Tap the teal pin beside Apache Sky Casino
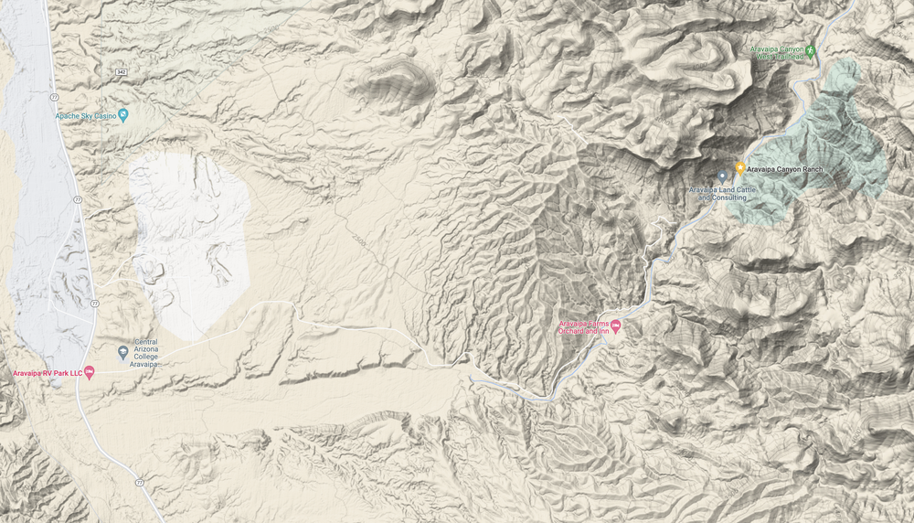(123, 115)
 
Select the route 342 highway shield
(121, 70)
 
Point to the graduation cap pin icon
(123, 353)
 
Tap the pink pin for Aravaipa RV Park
(89, 372)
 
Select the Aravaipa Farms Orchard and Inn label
(583, 327)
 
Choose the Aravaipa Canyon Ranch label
(784, 169)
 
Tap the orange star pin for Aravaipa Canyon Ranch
(739, 168)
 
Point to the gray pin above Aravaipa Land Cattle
(721, 176)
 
